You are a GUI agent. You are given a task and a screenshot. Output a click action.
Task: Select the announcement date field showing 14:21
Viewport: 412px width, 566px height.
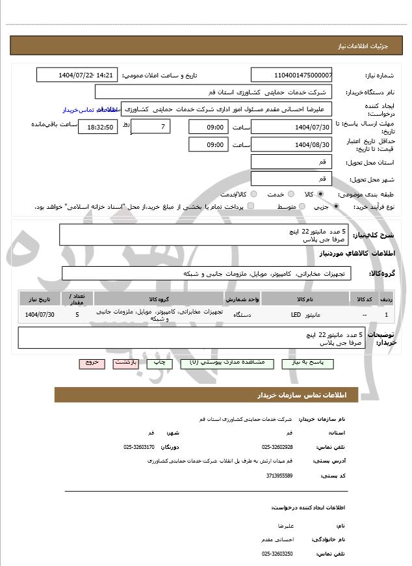tap(78, 75)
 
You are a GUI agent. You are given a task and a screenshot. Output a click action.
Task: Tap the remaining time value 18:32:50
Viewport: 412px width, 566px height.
tap(97, 128)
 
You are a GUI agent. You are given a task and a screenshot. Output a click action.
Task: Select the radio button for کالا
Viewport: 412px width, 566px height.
tap(320, 194)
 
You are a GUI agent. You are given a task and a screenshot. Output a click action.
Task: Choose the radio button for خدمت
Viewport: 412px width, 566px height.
tap(290, 194)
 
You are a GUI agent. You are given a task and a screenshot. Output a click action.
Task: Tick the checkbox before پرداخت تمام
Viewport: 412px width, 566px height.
tap(251, 206)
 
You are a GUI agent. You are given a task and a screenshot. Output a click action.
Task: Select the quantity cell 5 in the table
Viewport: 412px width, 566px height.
tap(77, 315)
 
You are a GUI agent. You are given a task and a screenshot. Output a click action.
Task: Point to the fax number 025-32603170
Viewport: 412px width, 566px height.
tap(139, 447)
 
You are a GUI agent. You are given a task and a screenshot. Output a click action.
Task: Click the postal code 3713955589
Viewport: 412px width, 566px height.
tap(279, 476)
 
